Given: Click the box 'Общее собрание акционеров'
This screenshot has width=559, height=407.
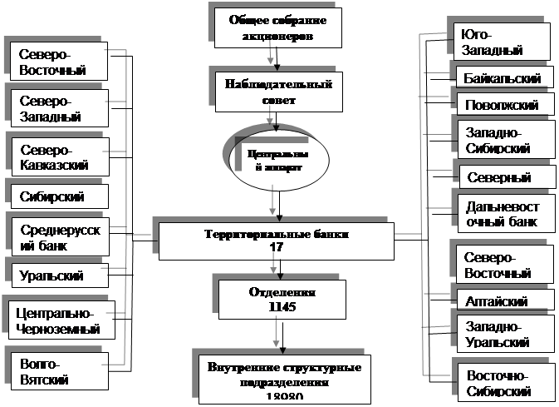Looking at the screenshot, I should coord(277,28).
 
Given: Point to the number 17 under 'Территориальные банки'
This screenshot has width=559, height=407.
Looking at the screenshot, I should coord(277,247).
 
